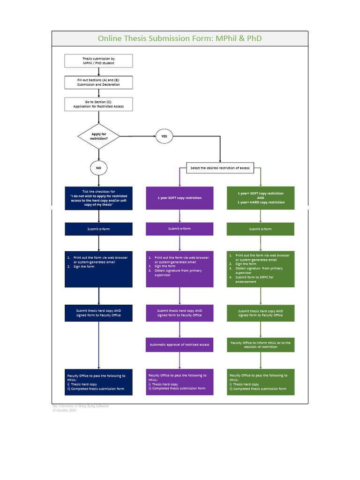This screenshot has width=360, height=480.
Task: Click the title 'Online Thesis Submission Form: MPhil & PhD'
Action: tap(180, 38)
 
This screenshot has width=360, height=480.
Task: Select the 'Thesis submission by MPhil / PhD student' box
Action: tap(98, 61)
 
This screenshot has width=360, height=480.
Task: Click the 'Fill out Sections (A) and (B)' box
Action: tap(98, 82)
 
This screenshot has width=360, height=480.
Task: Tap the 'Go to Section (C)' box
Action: tap(98, 104)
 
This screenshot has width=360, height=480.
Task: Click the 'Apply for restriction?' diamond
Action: tap(98, 136)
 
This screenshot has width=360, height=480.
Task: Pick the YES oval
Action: tap(164, 136)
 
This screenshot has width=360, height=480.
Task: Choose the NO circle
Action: tap(98, 168)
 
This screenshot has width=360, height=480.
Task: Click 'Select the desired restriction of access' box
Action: tap(220, 168)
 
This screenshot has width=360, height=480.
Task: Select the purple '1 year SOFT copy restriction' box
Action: tap(180, 198)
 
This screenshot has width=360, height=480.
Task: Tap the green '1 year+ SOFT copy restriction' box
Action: tap(261, 198)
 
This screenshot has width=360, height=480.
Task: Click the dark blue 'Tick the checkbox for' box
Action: tap(98, 198)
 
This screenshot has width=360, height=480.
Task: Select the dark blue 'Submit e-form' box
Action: tap(98, 229)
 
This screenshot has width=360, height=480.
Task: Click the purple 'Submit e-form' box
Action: tap(180, 229)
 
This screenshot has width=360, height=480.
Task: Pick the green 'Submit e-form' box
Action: tap(261, 229)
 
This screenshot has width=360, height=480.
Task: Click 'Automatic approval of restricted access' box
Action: tap(180, 345)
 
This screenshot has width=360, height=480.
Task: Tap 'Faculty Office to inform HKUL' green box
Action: tap(261, 345)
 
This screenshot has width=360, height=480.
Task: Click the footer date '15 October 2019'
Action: tap(64, 410)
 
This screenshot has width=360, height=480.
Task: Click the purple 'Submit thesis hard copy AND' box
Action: tap(180, 313)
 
